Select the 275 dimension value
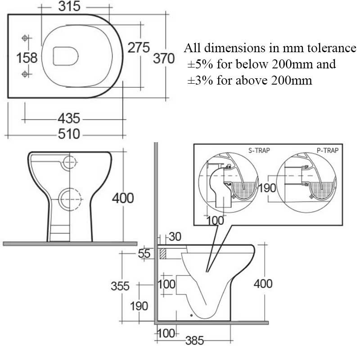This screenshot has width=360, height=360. point(138,47)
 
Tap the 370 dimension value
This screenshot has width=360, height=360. point(163,58)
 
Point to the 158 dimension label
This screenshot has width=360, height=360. point(27,58)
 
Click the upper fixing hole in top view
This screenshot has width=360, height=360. point(25,37)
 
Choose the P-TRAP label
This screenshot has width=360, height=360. point(327,150)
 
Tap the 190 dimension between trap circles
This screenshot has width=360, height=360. point(267,188)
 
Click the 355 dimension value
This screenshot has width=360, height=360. point(120,286)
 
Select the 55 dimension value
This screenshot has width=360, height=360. point(144,254)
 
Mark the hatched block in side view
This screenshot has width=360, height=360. point(162,253)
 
